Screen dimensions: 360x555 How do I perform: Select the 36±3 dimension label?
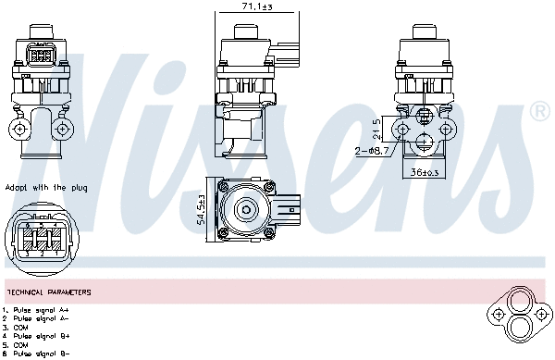(x=424, y=171)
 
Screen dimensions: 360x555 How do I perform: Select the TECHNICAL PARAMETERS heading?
(x=48, y=292)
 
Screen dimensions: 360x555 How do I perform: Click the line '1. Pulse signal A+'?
(x=36, y=310)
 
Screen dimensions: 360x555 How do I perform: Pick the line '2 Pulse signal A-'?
(x=36, y=318)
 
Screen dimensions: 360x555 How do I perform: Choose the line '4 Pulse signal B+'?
(x=36, y=335)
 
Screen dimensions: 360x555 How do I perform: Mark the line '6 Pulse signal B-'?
(x=36, y=353)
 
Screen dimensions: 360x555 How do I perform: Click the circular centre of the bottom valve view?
(x=248, y=208)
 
